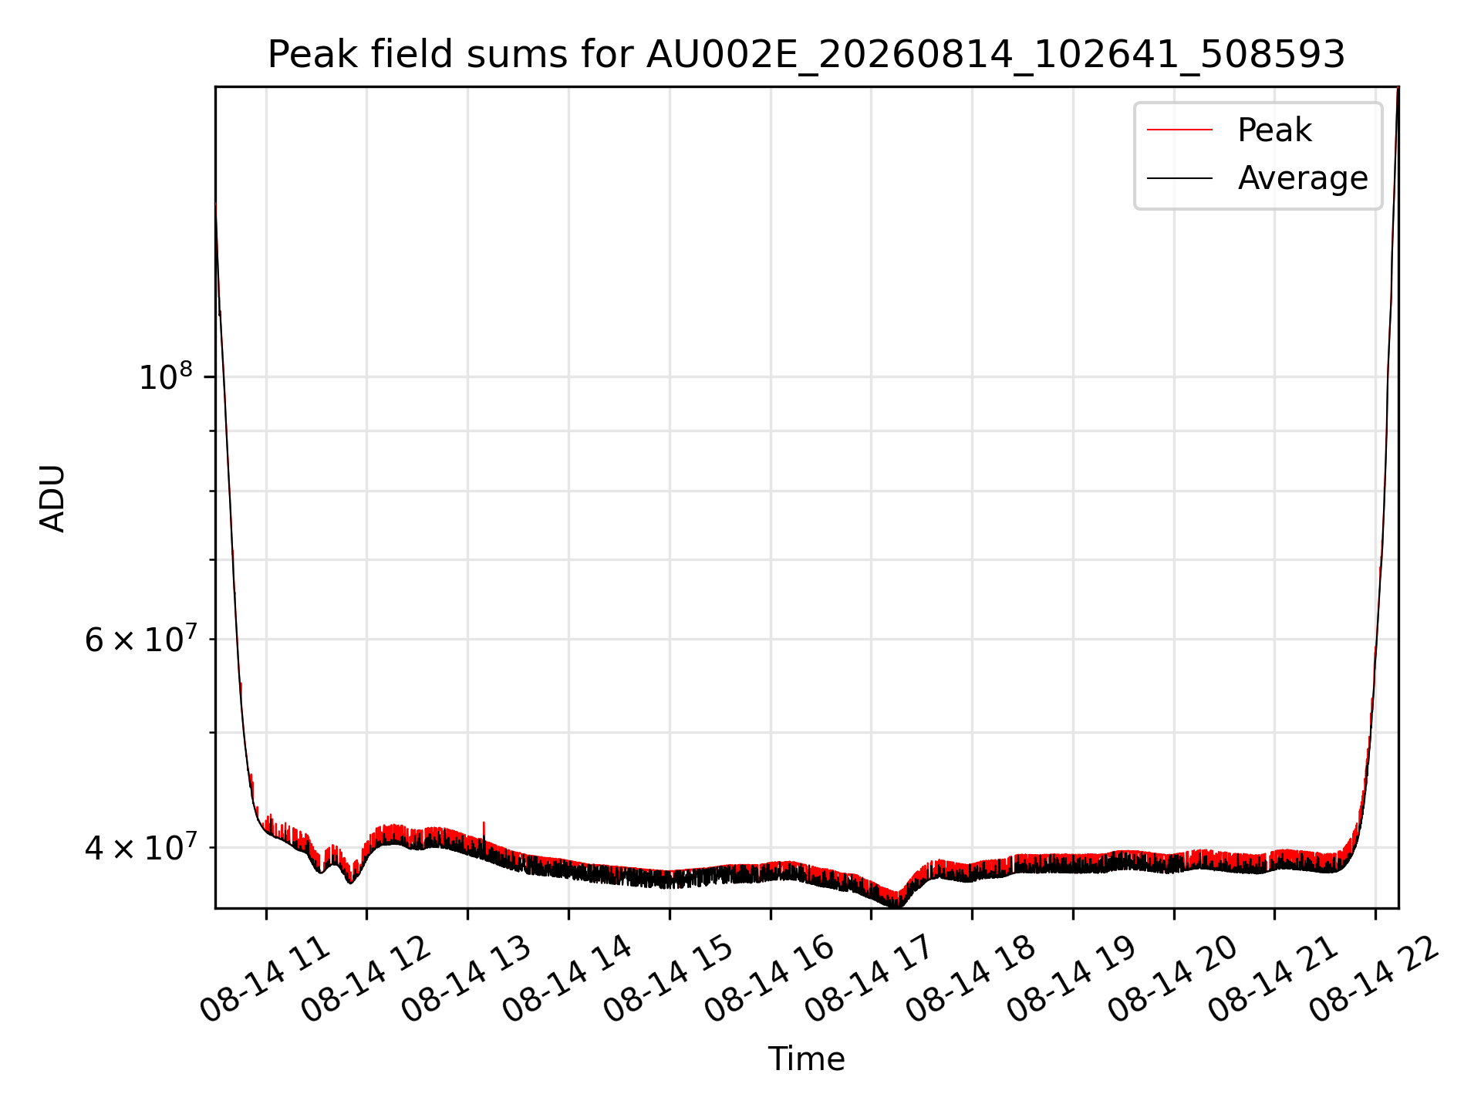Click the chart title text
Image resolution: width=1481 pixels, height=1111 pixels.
point(806,55)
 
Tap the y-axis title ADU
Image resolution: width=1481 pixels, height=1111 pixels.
point(52,498)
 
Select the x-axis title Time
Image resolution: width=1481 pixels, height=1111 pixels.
point(806,1059)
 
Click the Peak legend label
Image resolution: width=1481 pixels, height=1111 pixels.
point(1274,130)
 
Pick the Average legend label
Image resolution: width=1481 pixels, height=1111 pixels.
point(1303,178)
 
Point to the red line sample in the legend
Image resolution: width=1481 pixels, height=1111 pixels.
point(1179,130)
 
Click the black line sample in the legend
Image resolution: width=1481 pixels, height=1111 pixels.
point(1179,178)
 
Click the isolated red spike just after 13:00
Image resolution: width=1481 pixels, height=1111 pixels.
point(484,833)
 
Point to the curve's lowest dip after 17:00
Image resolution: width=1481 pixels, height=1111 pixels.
point(899,904)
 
